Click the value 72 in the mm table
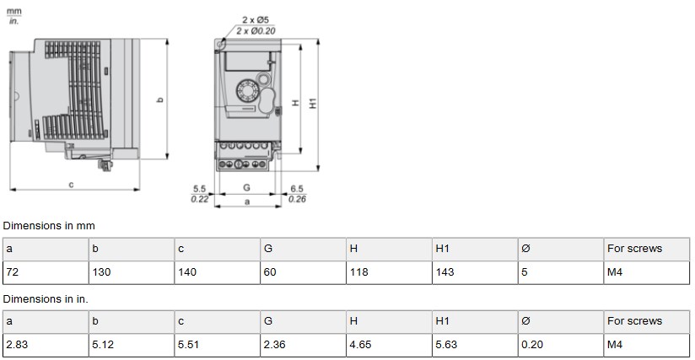point(13,272)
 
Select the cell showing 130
point(100,272)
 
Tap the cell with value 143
point(444,272)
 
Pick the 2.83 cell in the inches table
point(15,345)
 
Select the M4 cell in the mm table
point(615,272)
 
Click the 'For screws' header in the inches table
point(634,321)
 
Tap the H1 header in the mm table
point(442,249)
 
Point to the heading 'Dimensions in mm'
point(49,226)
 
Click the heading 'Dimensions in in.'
point(46,298)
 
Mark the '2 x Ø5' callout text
point(257,19)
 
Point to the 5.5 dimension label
point(199,189)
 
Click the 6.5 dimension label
point(296,189)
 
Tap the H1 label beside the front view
point(313,103)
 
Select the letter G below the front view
point(246,187)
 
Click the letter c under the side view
point(71,185)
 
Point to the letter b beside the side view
point(160,100)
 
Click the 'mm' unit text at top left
point(13,11)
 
